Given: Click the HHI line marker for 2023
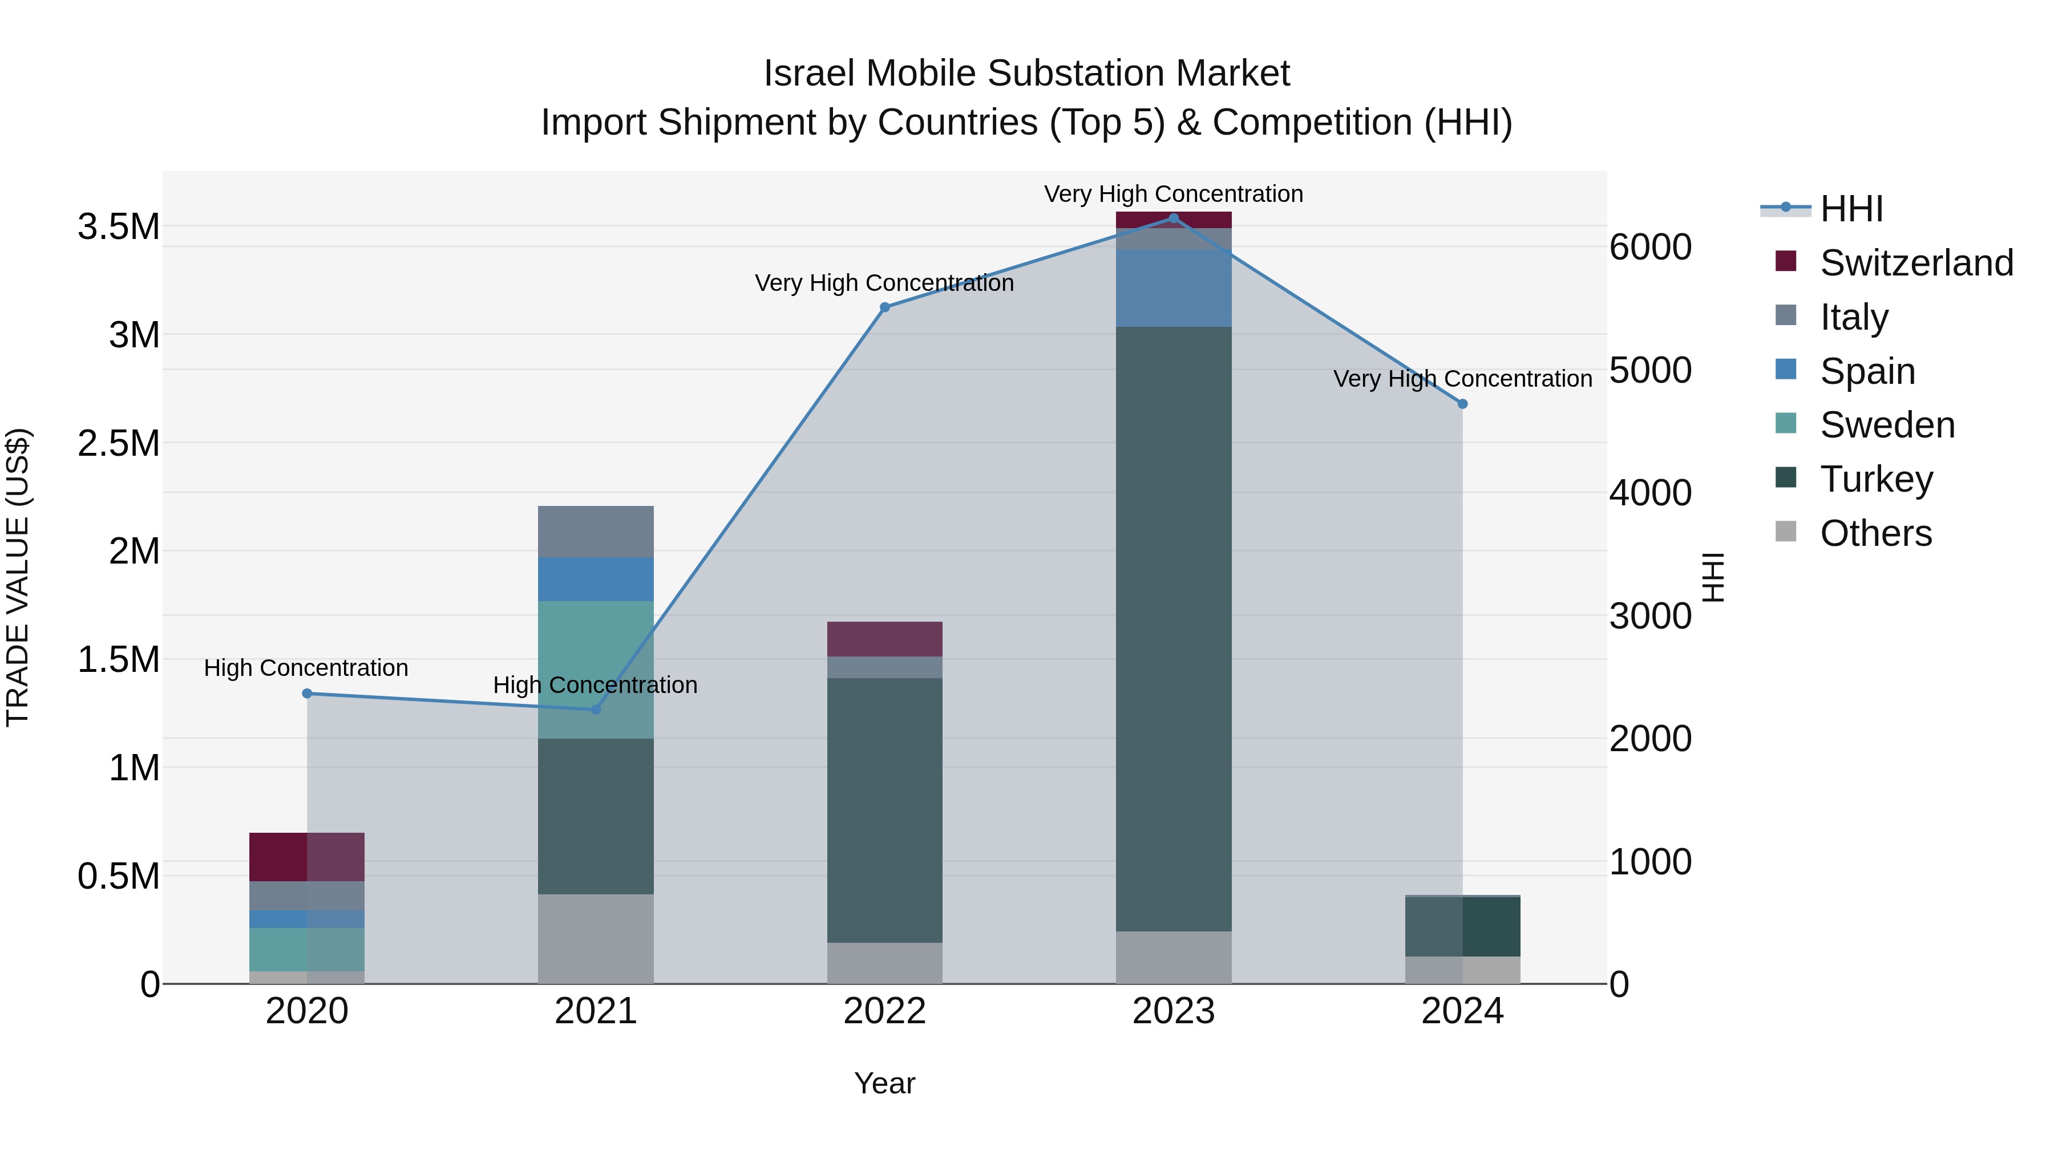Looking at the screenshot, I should [x=1173, y=218].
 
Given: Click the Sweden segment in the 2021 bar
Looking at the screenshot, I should [x=596, y=670].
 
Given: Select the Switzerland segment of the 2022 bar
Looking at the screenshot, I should [x=884, y=638].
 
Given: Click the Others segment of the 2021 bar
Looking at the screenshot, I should [x=596, y=938].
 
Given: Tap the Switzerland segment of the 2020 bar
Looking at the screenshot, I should [x=307, y=856].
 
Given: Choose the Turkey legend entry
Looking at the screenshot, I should [x=1876, y=479].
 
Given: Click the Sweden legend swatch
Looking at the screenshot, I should [x=1786, y=423].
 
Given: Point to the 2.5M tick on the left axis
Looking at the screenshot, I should [x=118, y=443].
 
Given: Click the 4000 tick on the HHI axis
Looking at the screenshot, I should [x=1649, y=493].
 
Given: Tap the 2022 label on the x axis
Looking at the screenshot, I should [x=884, y=1011].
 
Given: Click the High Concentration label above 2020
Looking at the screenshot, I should [x=306, y=668].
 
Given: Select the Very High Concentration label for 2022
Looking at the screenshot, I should [x=884, y=283].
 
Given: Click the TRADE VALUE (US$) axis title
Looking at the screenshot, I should [x=18, y=577].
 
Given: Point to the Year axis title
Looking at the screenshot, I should [x=884, y=1083].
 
